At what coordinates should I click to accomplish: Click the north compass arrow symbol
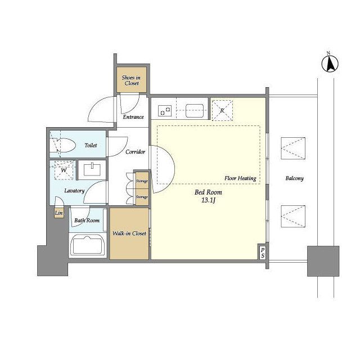[330, 64]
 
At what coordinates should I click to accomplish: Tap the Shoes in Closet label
[131, 80]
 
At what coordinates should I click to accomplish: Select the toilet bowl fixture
[63, 145]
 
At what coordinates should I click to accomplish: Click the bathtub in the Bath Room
[88, 245]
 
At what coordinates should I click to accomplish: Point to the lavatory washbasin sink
[92, 170]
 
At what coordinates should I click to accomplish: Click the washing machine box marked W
[64, 170]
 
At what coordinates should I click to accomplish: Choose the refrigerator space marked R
[222, 110]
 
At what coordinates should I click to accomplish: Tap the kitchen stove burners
[165, 111]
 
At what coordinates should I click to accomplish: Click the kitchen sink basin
[195, 111]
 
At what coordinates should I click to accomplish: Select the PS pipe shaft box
[263, 253]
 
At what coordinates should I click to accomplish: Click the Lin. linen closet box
[58, 213]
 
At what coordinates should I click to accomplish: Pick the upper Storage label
[142, 181]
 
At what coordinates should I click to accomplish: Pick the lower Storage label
[142, 197]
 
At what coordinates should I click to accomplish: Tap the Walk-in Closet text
[129, 233]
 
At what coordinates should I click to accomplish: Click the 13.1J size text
[208, 200]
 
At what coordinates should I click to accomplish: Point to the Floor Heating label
[240, 178]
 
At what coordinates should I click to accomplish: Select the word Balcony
[295, 178]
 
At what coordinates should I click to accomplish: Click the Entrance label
[133, 117]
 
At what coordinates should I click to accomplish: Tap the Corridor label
[135, 152]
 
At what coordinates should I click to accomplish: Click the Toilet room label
[91, 145]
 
